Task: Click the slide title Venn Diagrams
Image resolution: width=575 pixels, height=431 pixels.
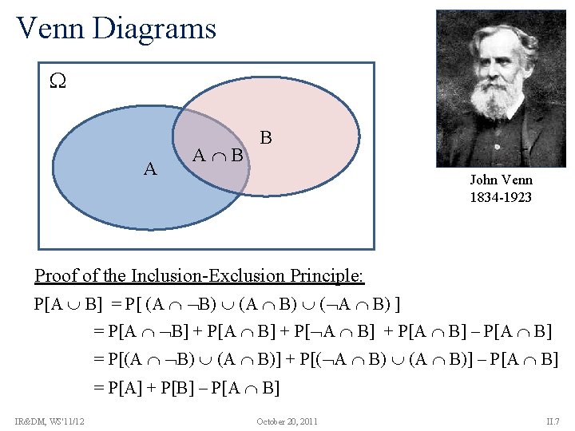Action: [117, 29]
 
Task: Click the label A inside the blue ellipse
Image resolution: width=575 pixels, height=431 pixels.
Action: [149, 168]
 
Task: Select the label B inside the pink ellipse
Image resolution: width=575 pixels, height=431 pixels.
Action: [266, 138]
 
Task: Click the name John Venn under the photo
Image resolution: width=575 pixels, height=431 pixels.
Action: [501, 180]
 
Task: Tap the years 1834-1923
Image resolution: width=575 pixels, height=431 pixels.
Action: [501, 197]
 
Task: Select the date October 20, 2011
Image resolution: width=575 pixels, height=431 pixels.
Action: [287, 421]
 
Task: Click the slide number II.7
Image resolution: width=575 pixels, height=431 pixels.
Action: [553, 421]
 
